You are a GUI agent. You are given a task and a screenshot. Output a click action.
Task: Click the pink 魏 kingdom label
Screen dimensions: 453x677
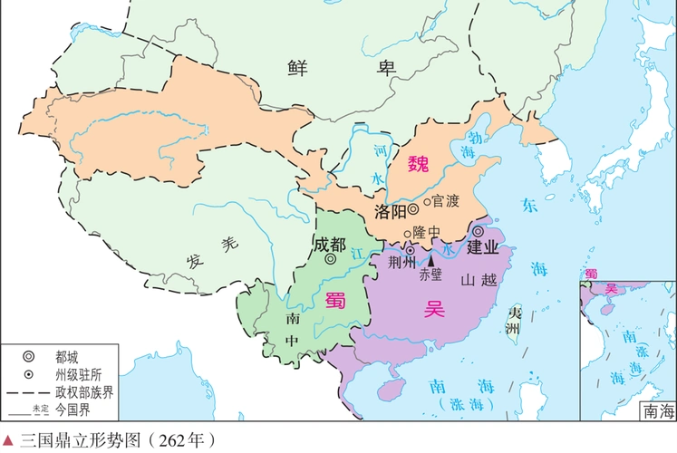tap(418, 164)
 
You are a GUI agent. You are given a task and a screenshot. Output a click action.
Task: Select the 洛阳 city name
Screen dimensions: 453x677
tap(389, 211)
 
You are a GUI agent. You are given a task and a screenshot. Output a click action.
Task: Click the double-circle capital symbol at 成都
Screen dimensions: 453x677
tap(332, 259)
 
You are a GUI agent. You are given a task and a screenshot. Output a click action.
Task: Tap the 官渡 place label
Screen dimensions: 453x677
tap(446, 200)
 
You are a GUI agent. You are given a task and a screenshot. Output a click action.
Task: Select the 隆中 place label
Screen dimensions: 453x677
tap(425, 233)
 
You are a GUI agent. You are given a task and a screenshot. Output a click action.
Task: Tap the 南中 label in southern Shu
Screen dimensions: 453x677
tap(291, 330)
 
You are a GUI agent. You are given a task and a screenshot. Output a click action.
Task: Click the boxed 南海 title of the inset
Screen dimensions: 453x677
tap(657, 410)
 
